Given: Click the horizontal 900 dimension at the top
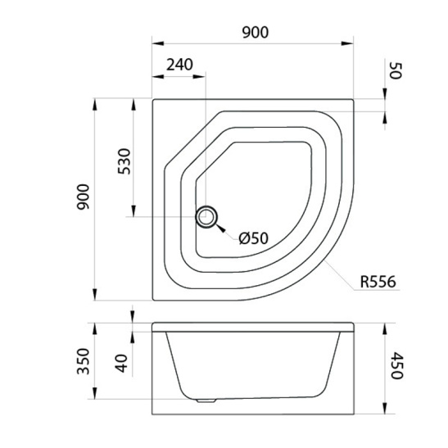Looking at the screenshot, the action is pyautogui.click(x=256, y=32).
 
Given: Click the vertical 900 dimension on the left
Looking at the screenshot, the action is pyautogui.click(x=84, y=197).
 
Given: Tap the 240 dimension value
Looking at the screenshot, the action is pyautogui.click(x=179, y=65).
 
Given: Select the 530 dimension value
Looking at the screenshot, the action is pyautogui.click(x=124, y=161).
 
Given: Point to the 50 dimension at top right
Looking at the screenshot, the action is pyautogui.click(x=396, y=71).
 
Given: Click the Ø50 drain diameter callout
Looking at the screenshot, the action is pyautogui.click(x=254, y=238).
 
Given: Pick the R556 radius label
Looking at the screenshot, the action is pyautogui.click(x=378, y=282).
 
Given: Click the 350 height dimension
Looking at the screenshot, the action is pyautogui.click(x=84, y=361).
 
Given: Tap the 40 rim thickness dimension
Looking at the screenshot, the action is pyautogui.click(x=121, y=363).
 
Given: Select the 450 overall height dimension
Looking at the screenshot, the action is pyautogui.click(x=396, y=365).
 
